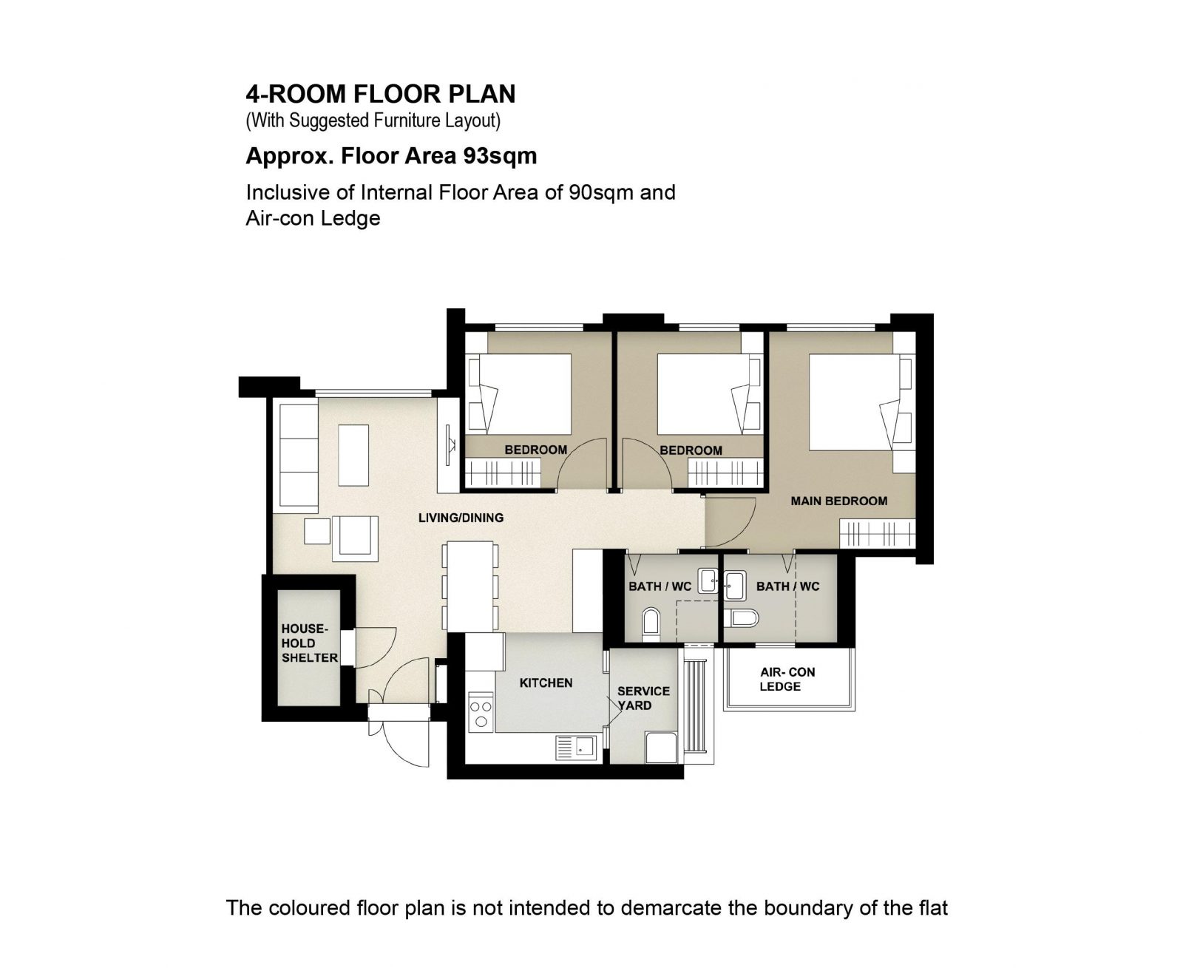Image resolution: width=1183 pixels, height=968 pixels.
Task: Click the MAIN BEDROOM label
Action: click(838, 501)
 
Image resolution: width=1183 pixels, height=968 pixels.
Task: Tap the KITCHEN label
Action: click(545, 683)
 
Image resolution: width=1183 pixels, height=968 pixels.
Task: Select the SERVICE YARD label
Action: click(643, 698)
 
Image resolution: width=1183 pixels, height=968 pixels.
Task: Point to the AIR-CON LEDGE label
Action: click(787, 679)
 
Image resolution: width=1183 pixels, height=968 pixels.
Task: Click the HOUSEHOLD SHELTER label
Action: click(309, 643)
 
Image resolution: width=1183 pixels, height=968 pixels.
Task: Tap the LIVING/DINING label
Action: click(461, 518)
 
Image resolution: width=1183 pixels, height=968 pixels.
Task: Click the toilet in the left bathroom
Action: click(651, 623)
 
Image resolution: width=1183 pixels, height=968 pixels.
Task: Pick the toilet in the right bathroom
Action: click(741, 618)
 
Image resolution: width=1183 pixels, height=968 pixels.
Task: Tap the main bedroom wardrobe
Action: click(878, 533)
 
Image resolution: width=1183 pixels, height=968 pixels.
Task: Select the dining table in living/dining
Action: click(470, 586)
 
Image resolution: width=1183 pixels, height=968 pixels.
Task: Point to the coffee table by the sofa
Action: click(353, 455)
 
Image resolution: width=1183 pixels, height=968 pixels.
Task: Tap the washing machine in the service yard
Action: click(661, 747)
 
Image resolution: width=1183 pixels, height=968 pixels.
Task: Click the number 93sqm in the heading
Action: click(500, 156)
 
